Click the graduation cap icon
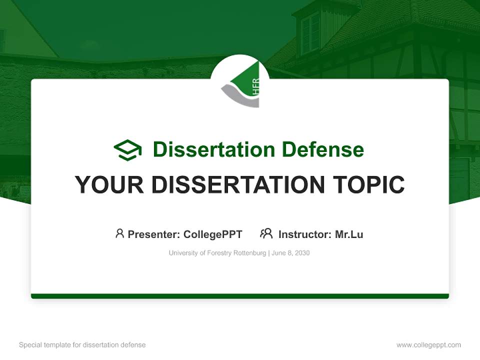click(127, 150)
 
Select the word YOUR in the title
click(109, 184)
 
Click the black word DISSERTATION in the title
click(238, 184)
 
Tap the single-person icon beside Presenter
click(119, 233)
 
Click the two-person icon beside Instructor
click(266, 233)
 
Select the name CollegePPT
click(213, 234)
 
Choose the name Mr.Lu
click(349, 234)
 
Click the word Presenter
click(153, 234)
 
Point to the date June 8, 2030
click(290, 253)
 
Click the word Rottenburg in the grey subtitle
click(250, 253)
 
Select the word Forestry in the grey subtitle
click(219, 253)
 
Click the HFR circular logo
click(240, 84)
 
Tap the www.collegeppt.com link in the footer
click(428, 345)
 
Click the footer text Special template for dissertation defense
click(82, 345)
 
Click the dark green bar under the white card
click(240, 296)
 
